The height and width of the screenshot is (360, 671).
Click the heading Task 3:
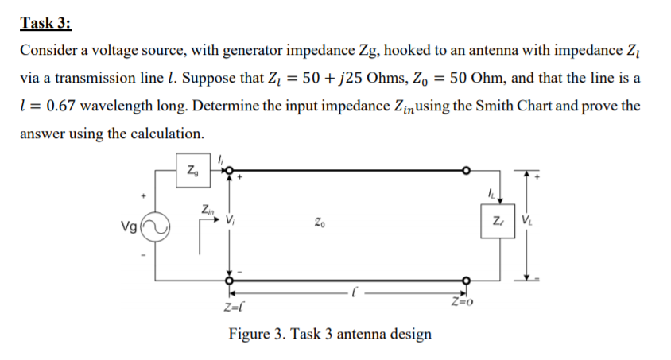pos(45,22)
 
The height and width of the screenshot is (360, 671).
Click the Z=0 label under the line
pos(462,300)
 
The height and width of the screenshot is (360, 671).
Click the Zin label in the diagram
pos(206,210)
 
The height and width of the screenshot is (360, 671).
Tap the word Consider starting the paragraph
pos(50,51)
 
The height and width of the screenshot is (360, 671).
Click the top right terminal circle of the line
pos(467,169)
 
